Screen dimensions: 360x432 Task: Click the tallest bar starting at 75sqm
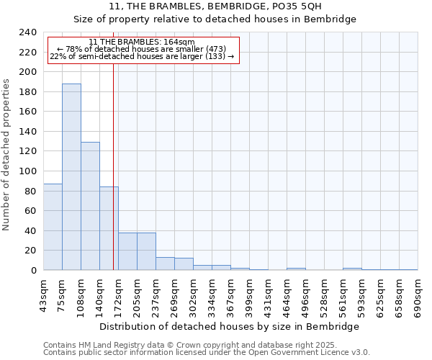pyautogui.click(x=71, y=177)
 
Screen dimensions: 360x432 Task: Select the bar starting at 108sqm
pyautogui.click(x=90, y=206)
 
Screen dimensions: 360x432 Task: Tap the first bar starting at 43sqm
pyautogui.click(x=53, y=227)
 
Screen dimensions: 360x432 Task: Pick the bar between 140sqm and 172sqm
pyautogui.click(x=109, y=228)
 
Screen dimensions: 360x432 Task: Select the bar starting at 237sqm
pyautogui.click(x=165, y=264)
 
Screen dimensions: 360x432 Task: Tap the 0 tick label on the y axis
pyautogui.click(x=33, y=270)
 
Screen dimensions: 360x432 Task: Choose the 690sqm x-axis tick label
pyautogui.click(x=418, y=295)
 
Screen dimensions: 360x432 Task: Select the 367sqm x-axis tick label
pyautogui.click(x=230, y=295)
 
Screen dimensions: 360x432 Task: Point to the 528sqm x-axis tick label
pyautogui.click(x=324, y=295)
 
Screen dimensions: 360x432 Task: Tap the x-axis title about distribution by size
pyautogui.click(x=229, y=326)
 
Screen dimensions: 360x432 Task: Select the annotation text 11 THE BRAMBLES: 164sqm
pyautogui.click(x=142, y=42)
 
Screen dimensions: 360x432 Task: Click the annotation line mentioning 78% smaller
pyautogui.click(x=142, y=49)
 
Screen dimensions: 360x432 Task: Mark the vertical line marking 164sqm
pyautogui.click(x=113, y=166)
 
